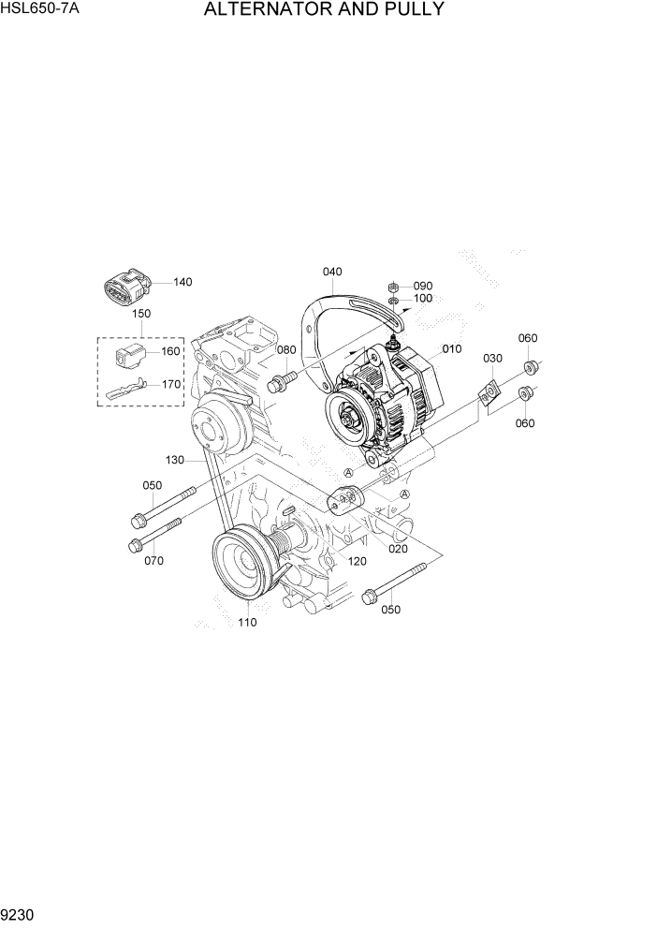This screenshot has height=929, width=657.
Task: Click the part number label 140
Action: coord(182,282)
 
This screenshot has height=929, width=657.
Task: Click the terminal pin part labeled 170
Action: coord(125,388)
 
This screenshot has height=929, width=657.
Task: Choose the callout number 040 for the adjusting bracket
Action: coord(332,272)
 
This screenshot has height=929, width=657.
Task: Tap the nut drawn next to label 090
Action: coord(395,285)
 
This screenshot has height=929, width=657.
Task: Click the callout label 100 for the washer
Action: coord(423,299)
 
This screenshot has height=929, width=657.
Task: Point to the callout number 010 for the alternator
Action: coord(452,348)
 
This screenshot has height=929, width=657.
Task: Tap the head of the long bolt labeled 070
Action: coord(135,544)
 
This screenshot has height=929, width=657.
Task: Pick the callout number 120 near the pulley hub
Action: coord(357,561)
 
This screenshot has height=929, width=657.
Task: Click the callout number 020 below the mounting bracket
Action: coord(398,549)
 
